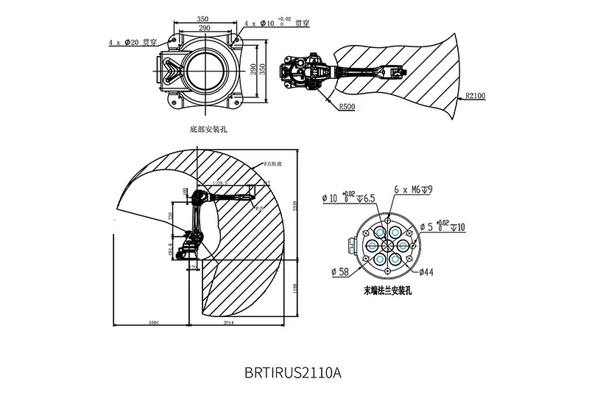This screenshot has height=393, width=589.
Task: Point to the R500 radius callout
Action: (348, 107)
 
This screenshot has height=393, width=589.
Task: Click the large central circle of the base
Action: (205, 73)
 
